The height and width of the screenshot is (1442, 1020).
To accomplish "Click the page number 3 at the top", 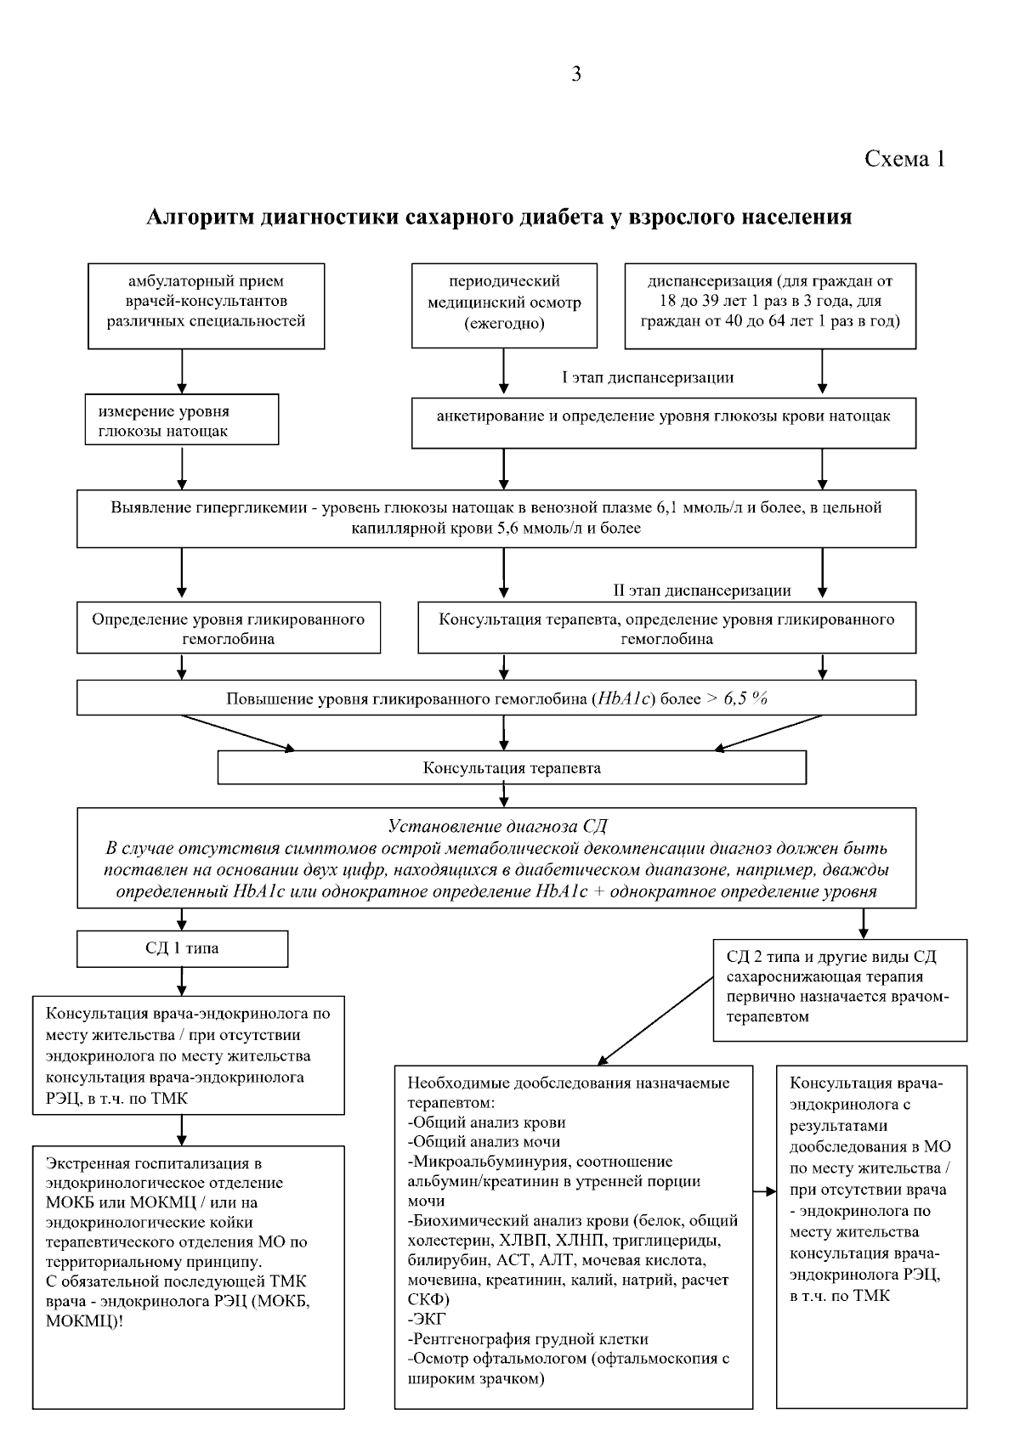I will point(577,75).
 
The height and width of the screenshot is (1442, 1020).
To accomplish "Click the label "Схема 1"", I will point(904,158).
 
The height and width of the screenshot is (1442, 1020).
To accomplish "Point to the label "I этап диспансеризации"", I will point(648,377).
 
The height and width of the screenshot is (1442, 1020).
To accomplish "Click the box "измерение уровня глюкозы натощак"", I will point(182,420).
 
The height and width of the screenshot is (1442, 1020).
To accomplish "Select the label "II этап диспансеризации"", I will point(702,591).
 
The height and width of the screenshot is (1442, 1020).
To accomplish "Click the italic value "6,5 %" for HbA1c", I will point(746,698).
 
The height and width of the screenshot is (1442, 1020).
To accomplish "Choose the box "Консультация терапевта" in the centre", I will point(512,768).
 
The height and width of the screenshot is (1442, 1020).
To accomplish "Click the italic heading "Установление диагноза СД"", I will point(497,826).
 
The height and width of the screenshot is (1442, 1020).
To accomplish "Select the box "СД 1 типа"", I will point(182,948).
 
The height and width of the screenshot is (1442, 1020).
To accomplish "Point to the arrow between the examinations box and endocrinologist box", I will point(765,1192).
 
